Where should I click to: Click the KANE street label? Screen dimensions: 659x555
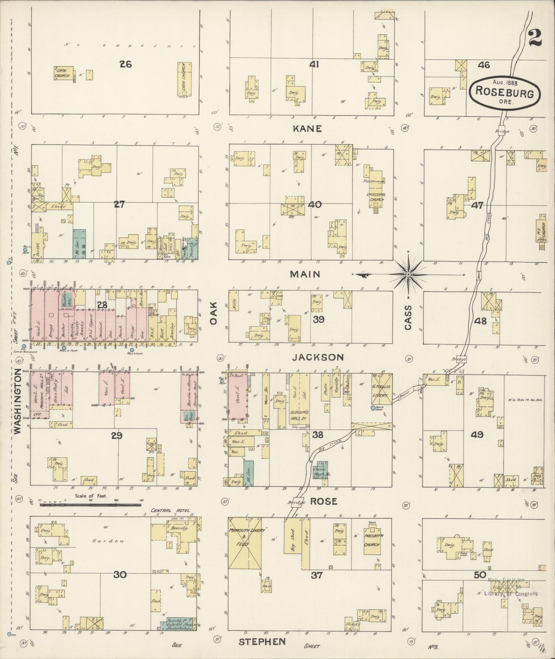click(307, 129)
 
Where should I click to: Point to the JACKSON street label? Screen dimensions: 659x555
click(318, 358)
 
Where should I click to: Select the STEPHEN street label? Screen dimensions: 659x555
click(262, 641)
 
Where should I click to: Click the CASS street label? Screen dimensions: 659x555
click(408, 317)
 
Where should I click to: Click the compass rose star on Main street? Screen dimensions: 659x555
click(408, 275)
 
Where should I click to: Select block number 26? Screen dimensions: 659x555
click(126, 64)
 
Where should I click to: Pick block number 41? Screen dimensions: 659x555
click(313, 64)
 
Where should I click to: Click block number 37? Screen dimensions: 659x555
click(317, 575)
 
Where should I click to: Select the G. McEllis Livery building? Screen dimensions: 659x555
click(382, 389)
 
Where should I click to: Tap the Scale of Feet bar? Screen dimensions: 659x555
click(90, 505)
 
